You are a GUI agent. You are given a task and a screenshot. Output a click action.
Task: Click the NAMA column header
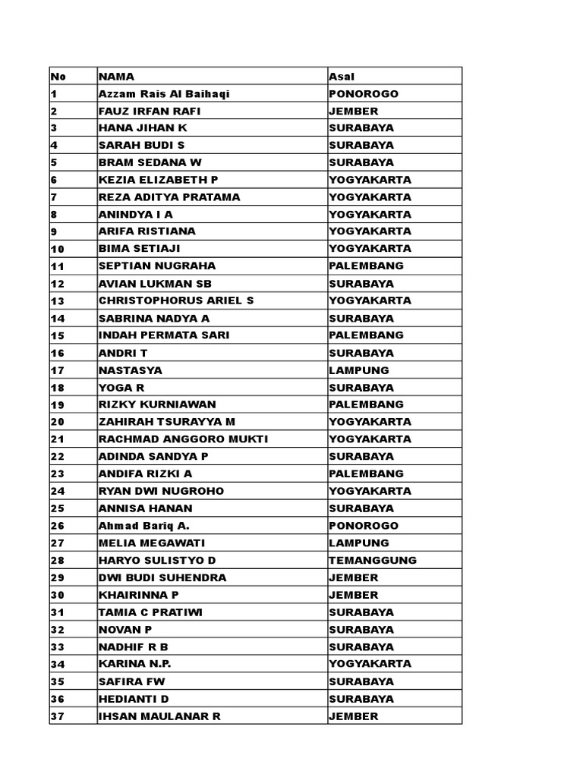tap(116, 77)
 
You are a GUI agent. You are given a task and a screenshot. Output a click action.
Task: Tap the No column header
tap(58, 77)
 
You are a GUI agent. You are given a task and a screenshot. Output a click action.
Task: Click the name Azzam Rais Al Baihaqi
tap(163, 94)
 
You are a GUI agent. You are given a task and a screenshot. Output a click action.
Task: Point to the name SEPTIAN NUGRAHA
tap(157, 266)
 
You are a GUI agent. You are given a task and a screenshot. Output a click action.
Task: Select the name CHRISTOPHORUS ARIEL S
tap(176, 300)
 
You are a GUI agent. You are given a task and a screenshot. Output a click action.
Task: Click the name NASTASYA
tap(131, 370)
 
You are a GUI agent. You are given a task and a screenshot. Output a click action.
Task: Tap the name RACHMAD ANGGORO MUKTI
tap(183, 439)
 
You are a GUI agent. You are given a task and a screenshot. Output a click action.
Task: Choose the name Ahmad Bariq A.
tap(140, 526)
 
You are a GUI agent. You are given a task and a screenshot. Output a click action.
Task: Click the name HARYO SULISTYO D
tap(157, 560)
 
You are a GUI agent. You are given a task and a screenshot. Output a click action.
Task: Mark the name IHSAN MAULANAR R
tap(159, 716)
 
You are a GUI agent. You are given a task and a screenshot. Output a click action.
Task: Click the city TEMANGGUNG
tap(373, 560)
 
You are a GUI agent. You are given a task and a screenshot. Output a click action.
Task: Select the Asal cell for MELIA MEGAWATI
tap(359, 543)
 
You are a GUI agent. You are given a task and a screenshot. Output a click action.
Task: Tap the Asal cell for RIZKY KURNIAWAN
tap(366, 404)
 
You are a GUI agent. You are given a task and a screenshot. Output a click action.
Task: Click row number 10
tap(58, 249)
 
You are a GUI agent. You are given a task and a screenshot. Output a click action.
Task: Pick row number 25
tap(58, 508)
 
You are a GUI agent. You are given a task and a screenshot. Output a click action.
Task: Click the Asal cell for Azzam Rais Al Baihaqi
tap(364, 94)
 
